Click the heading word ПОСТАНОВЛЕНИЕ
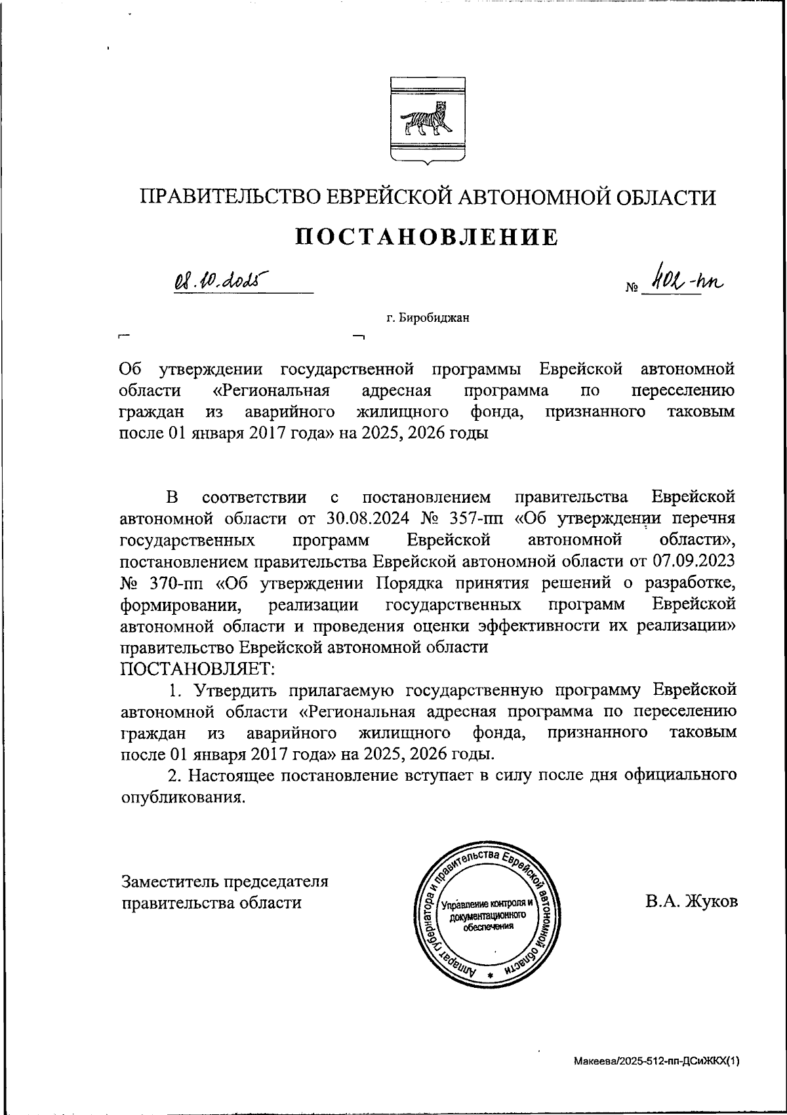[x=426, y=237]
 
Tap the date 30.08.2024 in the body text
[x=367, y=518]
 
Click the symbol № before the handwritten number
[x=632, y=288]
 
